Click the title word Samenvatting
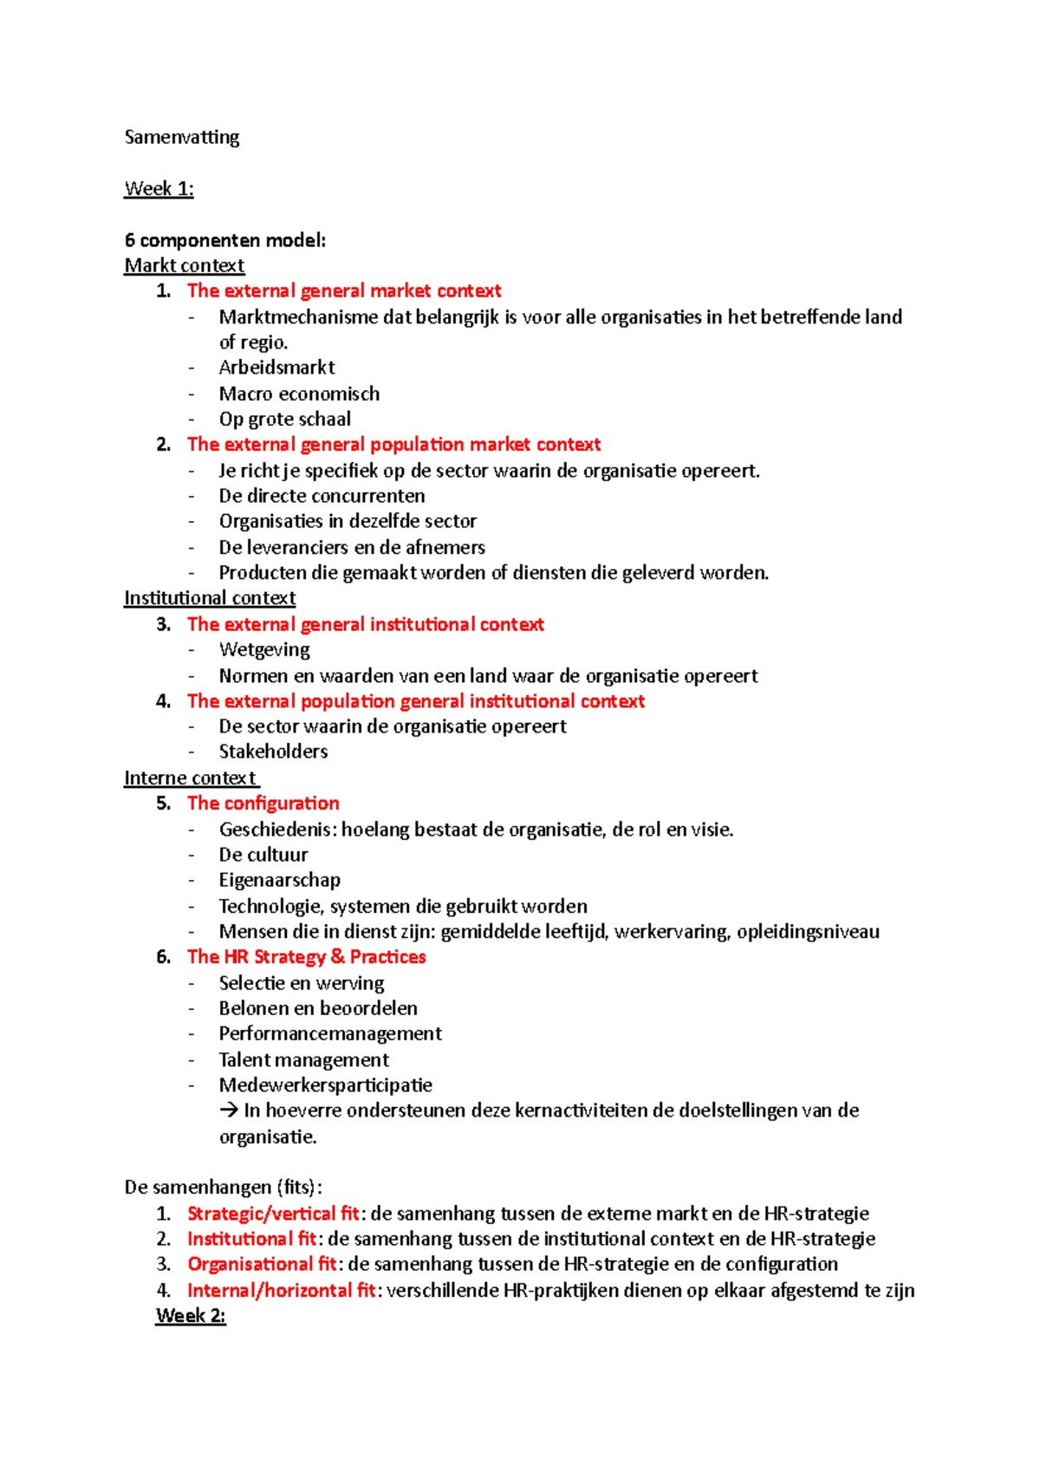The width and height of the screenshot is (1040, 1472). (x=182, y=137)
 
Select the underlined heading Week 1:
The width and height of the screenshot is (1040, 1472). (x=159, y=189)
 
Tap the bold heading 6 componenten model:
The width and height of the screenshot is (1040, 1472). (x=225, y=240)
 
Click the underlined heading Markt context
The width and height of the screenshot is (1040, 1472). (x=185, y=265)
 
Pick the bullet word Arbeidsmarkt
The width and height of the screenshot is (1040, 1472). (x=276, y=368)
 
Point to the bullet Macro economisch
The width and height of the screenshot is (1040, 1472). (x=299, y=394)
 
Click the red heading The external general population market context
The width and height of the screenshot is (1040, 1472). (x=393, y=445)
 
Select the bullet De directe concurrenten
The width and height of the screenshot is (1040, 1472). (x=322, y=496)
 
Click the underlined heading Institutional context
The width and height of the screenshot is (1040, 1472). (x=210, y=598)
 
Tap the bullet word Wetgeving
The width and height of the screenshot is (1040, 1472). (x=264, y=649)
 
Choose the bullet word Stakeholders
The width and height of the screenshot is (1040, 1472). (x=273, y=752)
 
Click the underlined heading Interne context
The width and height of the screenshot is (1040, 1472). (x=191, y=778)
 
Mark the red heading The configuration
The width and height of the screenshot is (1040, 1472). (x=263, y=804)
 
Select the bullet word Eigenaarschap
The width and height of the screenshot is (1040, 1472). (x=279, y=880)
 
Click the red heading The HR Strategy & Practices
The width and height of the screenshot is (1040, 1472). (x=306, y=957)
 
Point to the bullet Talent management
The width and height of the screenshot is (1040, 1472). (x=303, y=1059)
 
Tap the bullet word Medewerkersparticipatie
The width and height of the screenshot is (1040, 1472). (x=325, y=1085)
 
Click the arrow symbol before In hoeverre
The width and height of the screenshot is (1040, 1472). (x=229, y=1111)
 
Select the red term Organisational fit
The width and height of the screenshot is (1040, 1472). (x=262, y=1264)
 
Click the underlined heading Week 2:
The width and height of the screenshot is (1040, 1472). (x=191, y=1316)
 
